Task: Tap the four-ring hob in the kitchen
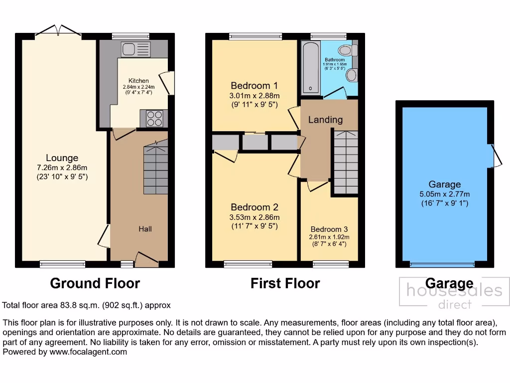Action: click(x=154, y=119)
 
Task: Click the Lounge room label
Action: click(x=62, y=158)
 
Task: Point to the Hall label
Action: click(x=145, y=229)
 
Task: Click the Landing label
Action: click(x=325, y=120)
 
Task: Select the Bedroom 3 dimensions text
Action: click(x=330, y=240)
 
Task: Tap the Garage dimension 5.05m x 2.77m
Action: click(x=445, y=194)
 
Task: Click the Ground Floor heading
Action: click(x=95, y=283)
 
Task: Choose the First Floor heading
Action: click(x=285, y=283)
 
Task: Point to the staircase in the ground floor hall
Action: click(x=156, y=168)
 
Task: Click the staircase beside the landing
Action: click(x=345, y=163)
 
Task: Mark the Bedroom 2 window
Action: click(x=248, y=264)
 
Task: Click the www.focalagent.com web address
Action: click(x=88, y=352)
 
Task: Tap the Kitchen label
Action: click(x=138, y=81)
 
